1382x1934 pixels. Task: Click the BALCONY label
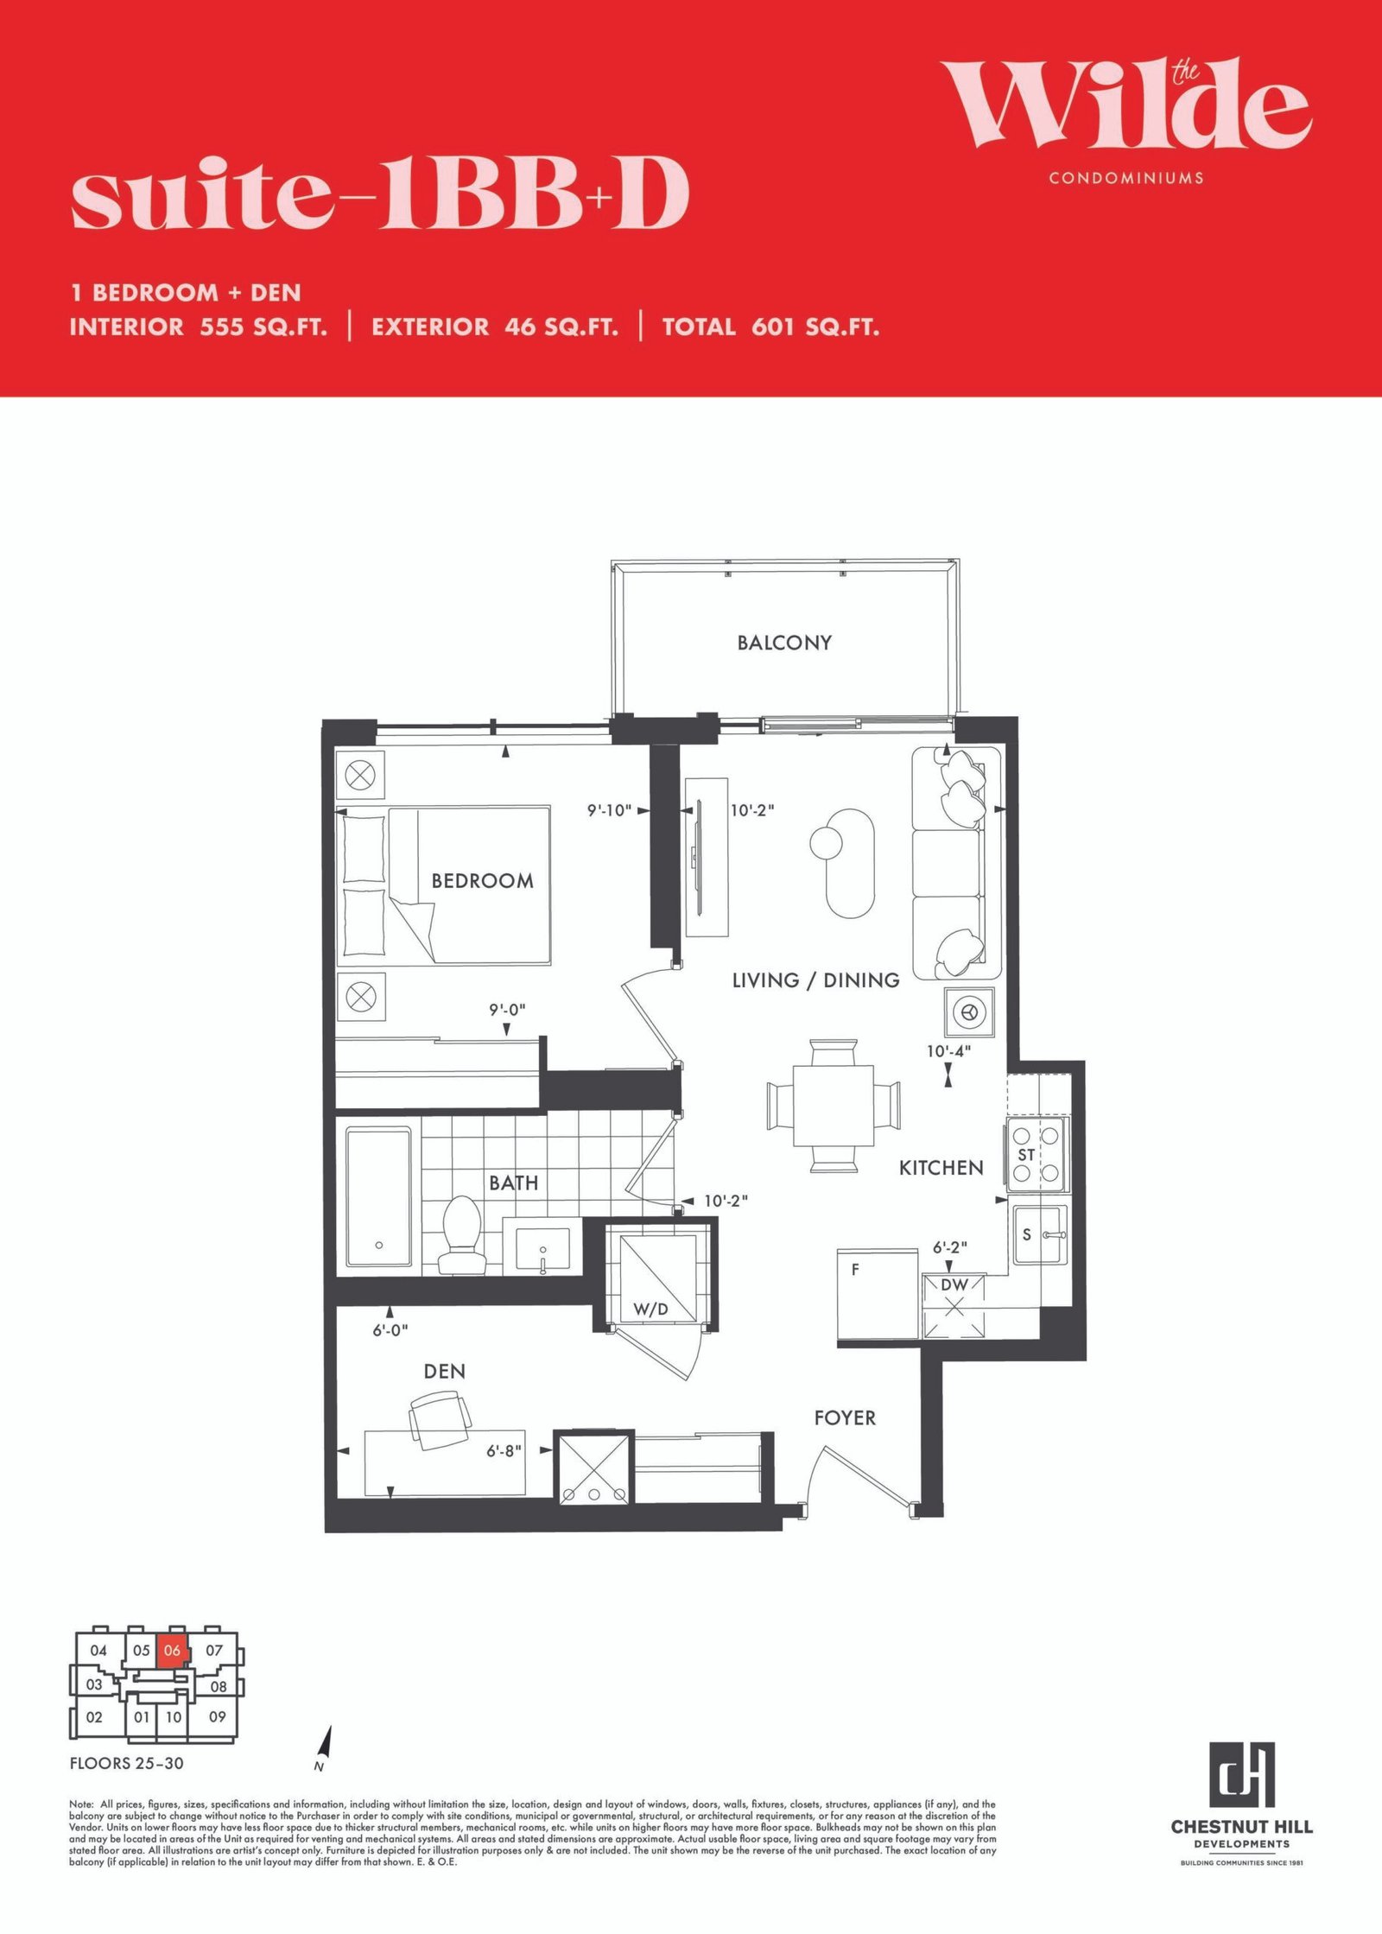pos(784,643)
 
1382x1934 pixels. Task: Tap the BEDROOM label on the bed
pos(483,881)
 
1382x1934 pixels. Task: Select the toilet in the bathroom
pos(462,1235)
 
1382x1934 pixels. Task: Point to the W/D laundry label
pos(650,1309)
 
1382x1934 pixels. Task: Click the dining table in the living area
pos(834,1106)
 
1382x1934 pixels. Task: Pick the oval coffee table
pos(850,862)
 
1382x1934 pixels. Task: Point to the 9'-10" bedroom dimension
pos(610,811)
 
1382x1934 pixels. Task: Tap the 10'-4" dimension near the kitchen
pos(948,1051)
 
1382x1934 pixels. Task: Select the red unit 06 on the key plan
pos(172,1651)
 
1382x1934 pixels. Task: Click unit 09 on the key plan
pos(217,1716)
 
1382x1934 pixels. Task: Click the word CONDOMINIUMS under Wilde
pos(1126,178)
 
